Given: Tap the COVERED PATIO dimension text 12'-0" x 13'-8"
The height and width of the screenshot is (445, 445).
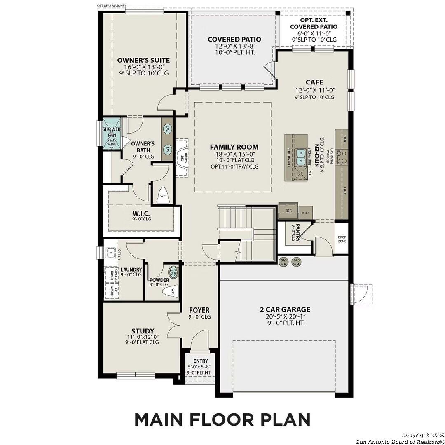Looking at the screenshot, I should (234, 47).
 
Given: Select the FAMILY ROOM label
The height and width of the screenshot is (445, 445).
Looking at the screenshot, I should (234, 147).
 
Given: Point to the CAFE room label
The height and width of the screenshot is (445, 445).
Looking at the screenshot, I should (314, 82).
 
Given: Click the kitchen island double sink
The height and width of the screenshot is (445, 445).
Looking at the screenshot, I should (301, 155).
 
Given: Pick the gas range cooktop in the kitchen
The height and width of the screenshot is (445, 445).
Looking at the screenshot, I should (342, 156).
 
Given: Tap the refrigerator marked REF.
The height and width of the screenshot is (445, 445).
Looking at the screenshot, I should (288, 211).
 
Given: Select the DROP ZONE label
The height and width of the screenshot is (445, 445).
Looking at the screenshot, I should (342, 239).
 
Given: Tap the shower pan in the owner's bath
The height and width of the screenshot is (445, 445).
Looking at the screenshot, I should (111, 132).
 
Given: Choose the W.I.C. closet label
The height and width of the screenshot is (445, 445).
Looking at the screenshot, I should (141, 213).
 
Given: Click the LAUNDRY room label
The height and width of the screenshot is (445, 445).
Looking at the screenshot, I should (131, 270).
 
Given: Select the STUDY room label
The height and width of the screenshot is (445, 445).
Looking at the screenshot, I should (143, 331).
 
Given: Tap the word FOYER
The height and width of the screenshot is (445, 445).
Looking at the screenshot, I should (199, 310).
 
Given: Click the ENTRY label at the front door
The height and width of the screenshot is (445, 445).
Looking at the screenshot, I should (200, 361).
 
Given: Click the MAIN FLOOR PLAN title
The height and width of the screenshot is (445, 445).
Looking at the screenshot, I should (222, 419).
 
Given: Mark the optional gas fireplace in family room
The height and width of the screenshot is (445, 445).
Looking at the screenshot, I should (181, 158).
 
